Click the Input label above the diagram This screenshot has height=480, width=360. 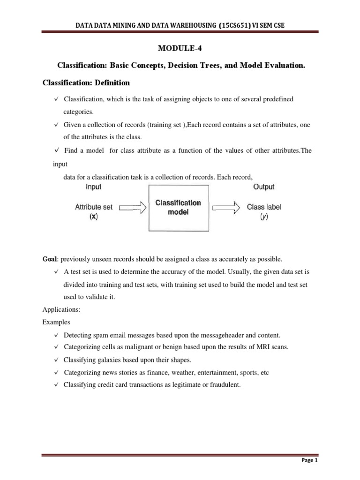tap(93, 187)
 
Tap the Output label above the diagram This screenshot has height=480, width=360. tap(264, 187)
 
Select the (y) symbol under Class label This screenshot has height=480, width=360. tap(264, 217)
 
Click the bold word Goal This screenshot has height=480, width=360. tap(50, 259)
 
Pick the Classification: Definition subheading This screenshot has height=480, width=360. tap(86, 83)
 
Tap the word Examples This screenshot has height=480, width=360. tap(56, 323)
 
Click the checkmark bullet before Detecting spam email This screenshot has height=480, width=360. tap(56, 335)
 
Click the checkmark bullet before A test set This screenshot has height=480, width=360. tap(56, 272)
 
